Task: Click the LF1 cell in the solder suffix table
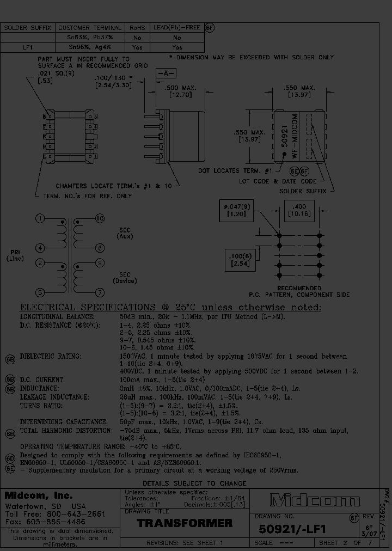point(28,47)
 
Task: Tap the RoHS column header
point(137,27)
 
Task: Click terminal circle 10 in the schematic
point(99,219)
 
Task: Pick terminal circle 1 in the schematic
point(39,219)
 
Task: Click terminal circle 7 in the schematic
point(99,292)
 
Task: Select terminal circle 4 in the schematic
point(39,248)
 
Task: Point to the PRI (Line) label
point(15,255)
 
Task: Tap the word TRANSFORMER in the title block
point(185,523)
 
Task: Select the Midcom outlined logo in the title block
point(315,500)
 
